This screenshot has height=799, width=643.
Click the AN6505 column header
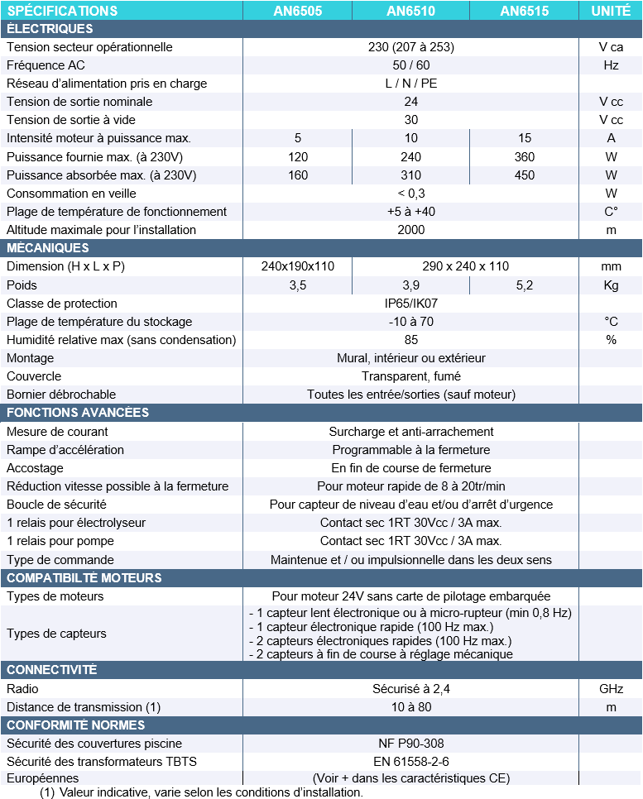pos(297,11)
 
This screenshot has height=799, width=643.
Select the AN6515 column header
pos(524,11)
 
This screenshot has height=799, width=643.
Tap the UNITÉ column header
pos(611,11)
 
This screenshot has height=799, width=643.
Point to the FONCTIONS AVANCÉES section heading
pos(78,413)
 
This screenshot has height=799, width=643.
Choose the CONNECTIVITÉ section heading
pos(51,670)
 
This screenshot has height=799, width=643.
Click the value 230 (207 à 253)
pos(410,47)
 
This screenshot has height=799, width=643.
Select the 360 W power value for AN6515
pos(524,157)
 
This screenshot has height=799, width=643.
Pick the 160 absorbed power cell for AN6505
pos(297,175)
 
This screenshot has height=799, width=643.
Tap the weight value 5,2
pos(524,285)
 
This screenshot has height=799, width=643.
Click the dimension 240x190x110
pos(297,266)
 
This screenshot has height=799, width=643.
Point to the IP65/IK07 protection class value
pos(410,304)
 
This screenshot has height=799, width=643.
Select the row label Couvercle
pos(34,376)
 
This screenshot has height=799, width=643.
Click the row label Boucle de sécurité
pos(56,505)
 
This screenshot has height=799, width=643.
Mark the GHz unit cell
pos(611,688)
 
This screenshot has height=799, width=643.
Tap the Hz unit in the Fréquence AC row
pos(611,65)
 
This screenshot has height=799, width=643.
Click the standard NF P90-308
pos(410,744)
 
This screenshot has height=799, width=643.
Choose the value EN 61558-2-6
pos(410,762)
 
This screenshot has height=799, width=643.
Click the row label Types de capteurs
pos(56,634)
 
